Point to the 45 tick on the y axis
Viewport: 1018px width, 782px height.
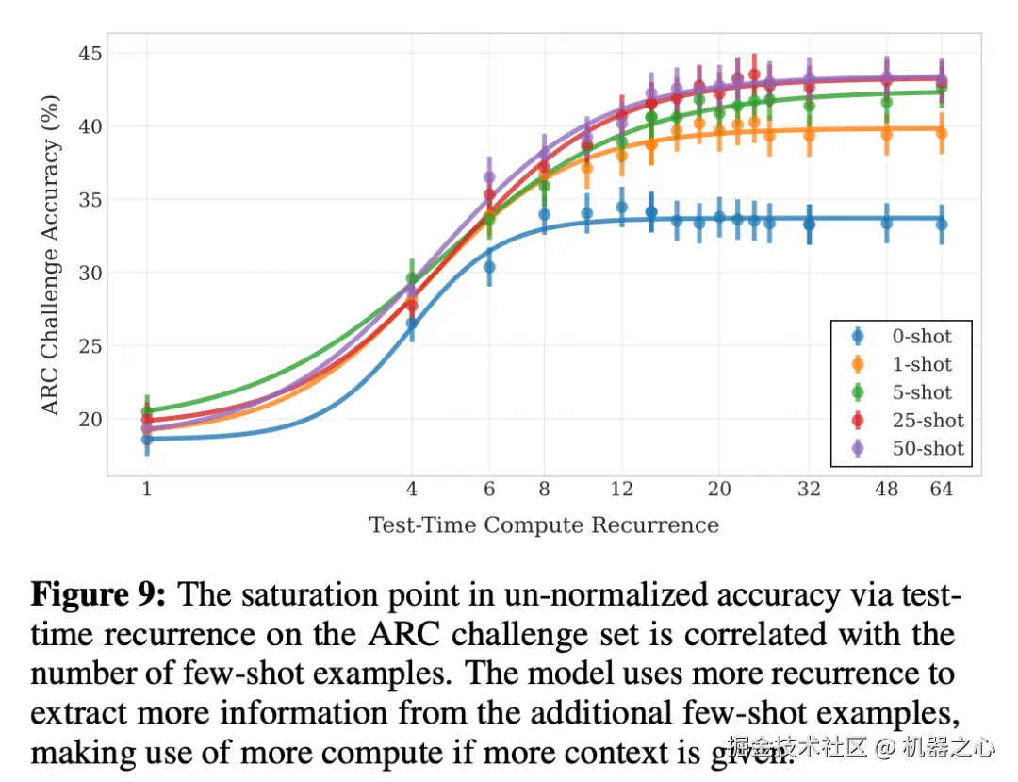point(91,53)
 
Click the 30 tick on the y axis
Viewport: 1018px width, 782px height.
point(91,273)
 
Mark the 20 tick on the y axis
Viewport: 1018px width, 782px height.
point(91,419)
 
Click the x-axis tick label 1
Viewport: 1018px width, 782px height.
point(147,489)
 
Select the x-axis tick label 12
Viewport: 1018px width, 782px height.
point(621,489)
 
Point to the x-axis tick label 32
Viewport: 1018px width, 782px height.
point(809,489)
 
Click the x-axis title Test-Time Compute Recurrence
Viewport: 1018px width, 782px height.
point(544,525)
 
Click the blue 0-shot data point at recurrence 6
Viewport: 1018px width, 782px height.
point(489,267)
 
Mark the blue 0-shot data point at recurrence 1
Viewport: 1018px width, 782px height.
point(147,439)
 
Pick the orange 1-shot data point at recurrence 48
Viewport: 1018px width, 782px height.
point(887,134)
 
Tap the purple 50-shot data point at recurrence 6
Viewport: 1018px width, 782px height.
point(489,176)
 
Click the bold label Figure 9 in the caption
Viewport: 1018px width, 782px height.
point(99,595)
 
